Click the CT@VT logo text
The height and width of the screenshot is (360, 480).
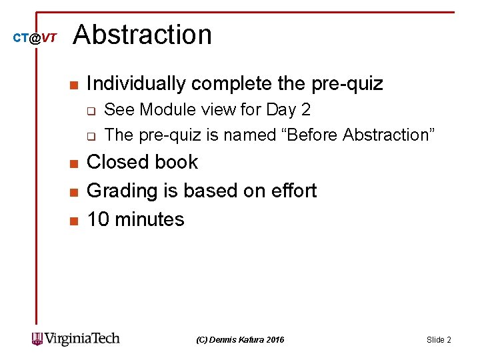point(35,39)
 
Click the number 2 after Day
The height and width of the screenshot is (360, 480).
point(306,109)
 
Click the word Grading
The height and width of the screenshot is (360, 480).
point(119,191)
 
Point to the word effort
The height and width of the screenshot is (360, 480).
point(291,191)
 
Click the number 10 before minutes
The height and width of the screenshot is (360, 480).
point(98,219)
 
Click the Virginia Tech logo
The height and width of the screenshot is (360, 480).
point(76,339)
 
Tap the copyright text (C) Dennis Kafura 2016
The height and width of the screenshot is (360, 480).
point(240,340)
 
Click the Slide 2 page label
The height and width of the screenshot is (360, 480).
point(439,340)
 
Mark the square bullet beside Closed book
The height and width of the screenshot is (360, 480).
point(73,163)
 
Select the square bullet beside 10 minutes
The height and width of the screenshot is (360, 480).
point(73,221)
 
